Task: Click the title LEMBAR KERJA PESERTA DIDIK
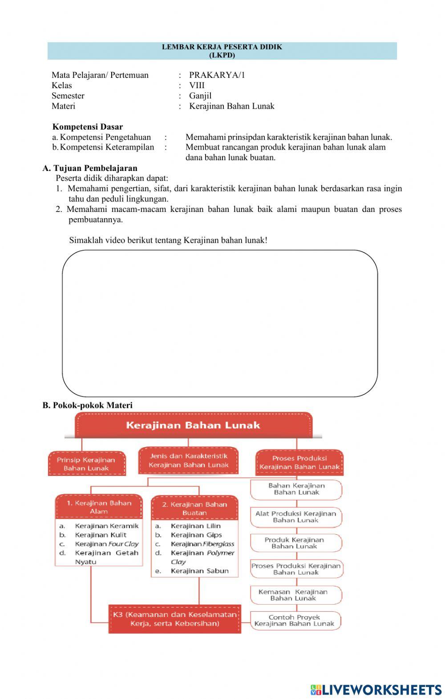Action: (x=222, y=47)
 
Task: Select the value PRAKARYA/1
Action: (x=217, y=75)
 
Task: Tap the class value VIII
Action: (x=197, y=85)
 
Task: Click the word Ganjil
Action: (x=200, y=96)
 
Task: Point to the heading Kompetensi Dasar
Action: (x=88, y=127)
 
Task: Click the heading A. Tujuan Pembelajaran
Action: (x=90, y=168)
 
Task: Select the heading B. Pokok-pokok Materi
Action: (x=88, y=405)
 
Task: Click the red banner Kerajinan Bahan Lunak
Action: (x=193, y=425)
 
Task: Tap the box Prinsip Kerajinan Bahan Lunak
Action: (x=86, y=464)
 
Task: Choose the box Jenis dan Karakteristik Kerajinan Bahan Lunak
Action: (x=188, y=460)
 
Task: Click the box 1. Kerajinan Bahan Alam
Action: (x=99, y=507)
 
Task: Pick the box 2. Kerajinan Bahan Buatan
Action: (x=194, y=508)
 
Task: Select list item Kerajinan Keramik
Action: (x=107, y=526)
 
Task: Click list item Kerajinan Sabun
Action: (x=199, y=571)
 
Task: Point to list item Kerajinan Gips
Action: (x=196, y=535)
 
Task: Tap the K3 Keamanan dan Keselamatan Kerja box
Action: (x=174, y=619)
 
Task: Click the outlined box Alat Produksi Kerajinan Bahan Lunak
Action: (x=296, y=516)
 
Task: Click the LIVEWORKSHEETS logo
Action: (x=376, y=689)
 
